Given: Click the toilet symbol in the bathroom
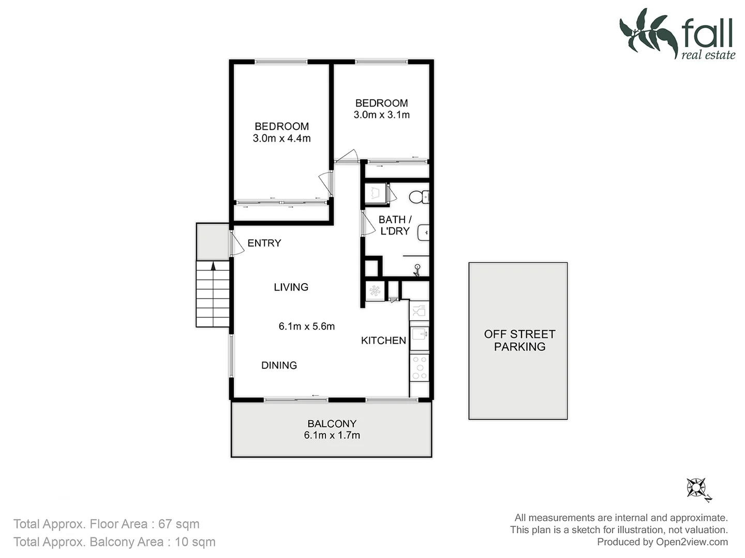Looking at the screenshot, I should click(417, 197).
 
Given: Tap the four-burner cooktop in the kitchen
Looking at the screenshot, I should click(419, 367).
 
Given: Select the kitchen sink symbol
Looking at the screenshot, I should click(419, 334).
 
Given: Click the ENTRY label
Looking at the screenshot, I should click(264, 243).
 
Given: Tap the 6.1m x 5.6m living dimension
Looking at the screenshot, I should click(306, 326).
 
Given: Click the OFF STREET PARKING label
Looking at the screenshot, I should click(519, 340).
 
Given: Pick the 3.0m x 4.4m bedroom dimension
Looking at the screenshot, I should click(281, 138).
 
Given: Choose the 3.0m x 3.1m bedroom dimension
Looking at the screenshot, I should click(381, 115).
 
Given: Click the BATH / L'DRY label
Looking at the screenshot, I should click(395, 225).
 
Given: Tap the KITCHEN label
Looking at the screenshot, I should click(383, 340).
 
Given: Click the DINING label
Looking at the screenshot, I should click(279, 365).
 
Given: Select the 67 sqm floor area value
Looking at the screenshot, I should click(178, 524).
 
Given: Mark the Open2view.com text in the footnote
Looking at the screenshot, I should click(692, 541).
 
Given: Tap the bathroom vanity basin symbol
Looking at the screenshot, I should click(424, 233).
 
